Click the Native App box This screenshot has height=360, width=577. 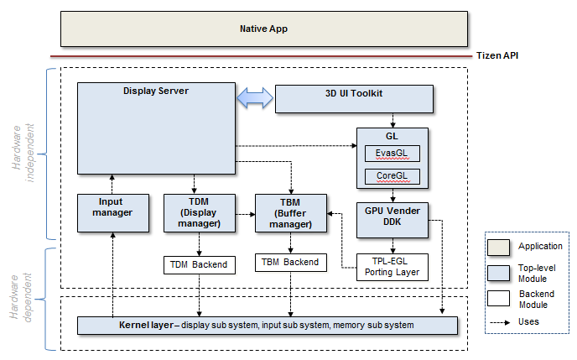click(x=263, y=29)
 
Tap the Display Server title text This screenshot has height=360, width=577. click(x=155, y=91)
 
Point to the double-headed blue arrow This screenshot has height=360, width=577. click(x=255, y=98)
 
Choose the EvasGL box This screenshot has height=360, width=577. click(x=392, y=154)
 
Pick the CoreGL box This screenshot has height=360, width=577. click(x=392, y=176)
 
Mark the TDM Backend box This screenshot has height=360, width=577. click(x=199, y=264)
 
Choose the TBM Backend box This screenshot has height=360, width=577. click(x=290, y=262)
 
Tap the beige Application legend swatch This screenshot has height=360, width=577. click(x=500, y=246)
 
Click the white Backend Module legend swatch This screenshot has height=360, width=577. click(x=500, y=297)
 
